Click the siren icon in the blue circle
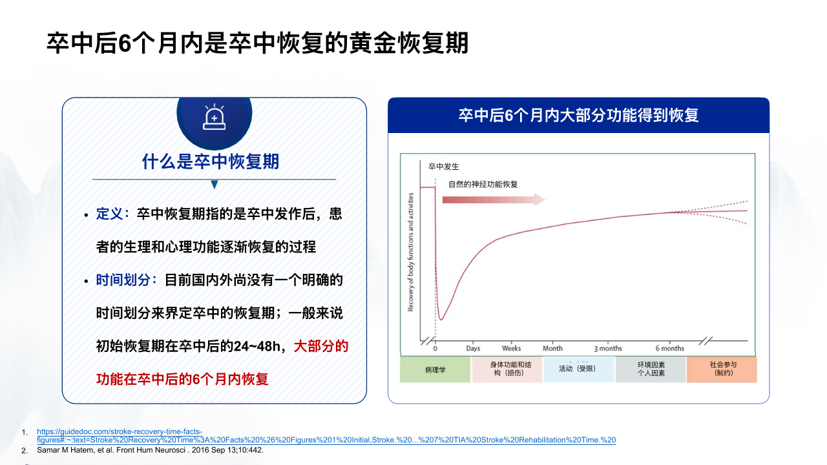coord(214,117)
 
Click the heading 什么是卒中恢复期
coord(211,161)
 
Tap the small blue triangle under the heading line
coord(214,185)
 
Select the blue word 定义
coord(109,214)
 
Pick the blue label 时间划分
coord(123,280)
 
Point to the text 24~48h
coord(257,346)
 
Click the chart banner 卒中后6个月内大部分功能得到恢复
coord(578,115)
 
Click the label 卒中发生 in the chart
coord(444,167)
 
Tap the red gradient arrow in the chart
coord(494,200)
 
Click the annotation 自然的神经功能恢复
coord(483,184)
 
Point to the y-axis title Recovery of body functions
coord(410,252)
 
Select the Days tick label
coord(473,348)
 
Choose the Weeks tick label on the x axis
coord(511,348)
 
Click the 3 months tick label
coord(608,348)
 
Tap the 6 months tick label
coord(670,348)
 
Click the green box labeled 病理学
coord(435,369)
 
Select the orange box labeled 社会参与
coord(722,369)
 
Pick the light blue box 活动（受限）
coord(578,369)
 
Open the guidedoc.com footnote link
coord(326,436)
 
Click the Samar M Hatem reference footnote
coord(151,450)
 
